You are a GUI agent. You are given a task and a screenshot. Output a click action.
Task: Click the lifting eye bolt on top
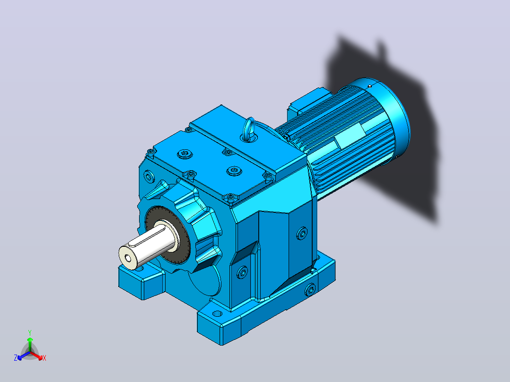(249, 130)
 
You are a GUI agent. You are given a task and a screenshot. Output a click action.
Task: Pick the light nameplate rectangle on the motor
(350, 137)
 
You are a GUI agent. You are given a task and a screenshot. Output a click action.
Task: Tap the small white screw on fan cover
(370, 86)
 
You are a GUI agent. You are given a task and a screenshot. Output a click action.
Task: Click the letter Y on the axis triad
(30, 332)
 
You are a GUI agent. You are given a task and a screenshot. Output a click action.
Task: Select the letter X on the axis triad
(44, 358)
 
